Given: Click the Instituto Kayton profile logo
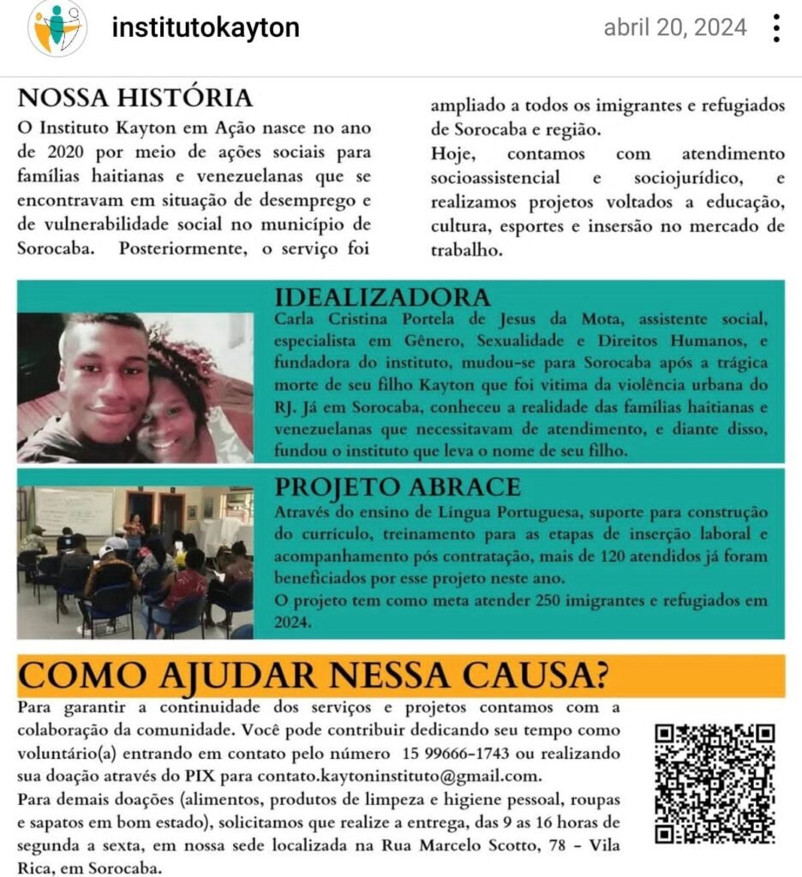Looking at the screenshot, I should point(57,28).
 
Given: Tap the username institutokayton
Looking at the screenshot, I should point(206,27).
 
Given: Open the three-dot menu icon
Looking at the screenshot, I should point(776,28).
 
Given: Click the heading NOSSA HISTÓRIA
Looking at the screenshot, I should point(135,98).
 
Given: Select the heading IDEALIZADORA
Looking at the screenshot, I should point(382,297).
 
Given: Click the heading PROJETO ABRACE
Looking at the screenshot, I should point(397,486).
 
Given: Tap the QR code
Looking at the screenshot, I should point(715,783).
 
